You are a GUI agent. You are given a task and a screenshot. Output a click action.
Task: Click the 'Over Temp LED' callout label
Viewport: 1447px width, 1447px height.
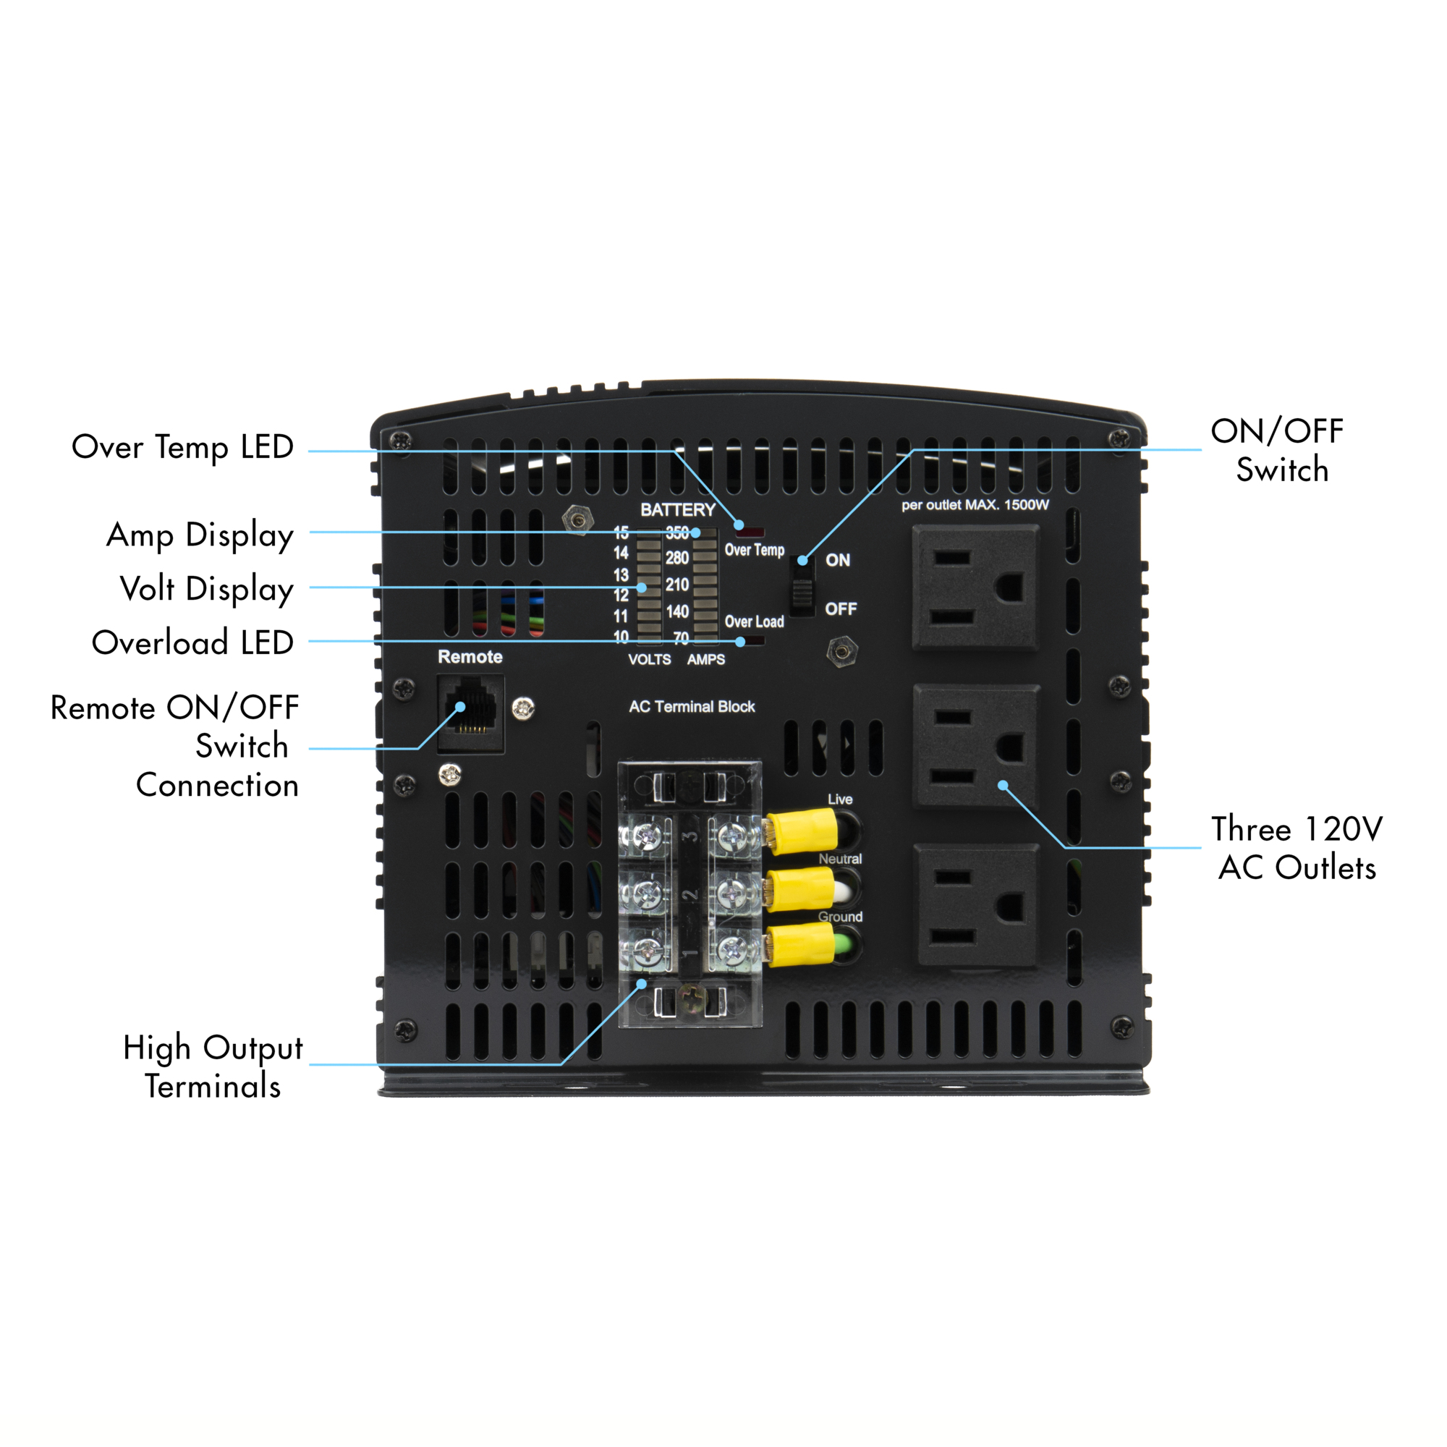tap(182, 448)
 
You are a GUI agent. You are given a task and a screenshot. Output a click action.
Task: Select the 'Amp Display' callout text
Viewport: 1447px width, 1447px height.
tap(200, 535)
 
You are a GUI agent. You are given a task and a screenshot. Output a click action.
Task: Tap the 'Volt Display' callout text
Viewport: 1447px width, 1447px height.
tap(207, 590)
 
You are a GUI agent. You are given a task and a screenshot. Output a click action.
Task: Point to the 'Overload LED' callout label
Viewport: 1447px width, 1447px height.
tap(192, 642)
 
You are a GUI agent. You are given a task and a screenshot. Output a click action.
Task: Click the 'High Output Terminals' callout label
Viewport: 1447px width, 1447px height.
tap(213, 1066)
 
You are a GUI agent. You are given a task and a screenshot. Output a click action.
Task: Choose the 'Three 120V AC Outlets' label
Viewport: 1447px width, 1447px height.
tap(1297, 849)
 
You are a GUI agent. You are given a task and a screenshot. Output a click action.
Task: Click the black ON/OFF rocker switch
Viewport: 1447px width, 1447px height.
tap(802, 587)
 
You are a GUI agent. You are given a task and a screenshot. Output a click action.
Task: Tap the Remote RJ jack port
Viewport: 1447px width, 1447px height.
tap(471, 712)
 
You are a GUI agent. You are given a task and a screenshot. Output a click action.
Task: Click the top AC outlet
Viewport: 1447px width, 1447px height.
tap(976, 587)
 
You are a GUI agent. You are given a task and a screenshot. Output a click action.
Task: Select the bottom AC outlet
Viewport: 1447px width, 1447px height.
tap(977, 906)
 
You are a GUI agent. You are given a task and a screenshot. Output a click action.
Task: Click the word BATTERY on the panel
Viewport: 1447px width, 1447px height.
tap(678, 510)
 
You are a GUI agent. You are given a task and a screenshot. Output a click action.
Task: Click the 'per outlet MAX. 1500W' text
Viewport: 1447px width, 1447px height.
tap(975, 505)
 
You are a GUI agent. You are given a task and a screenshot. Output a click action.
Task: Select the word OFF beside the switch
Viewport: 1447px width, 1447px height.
tap(840, 609)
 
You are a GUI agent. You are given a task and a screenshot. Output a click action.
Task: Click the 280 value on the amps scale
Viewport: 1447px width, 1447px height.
tap(677, 558)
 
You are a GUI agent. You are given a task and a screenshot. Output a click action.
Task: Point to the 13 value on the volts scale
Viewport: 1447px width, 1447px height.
tap(621, 575)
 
